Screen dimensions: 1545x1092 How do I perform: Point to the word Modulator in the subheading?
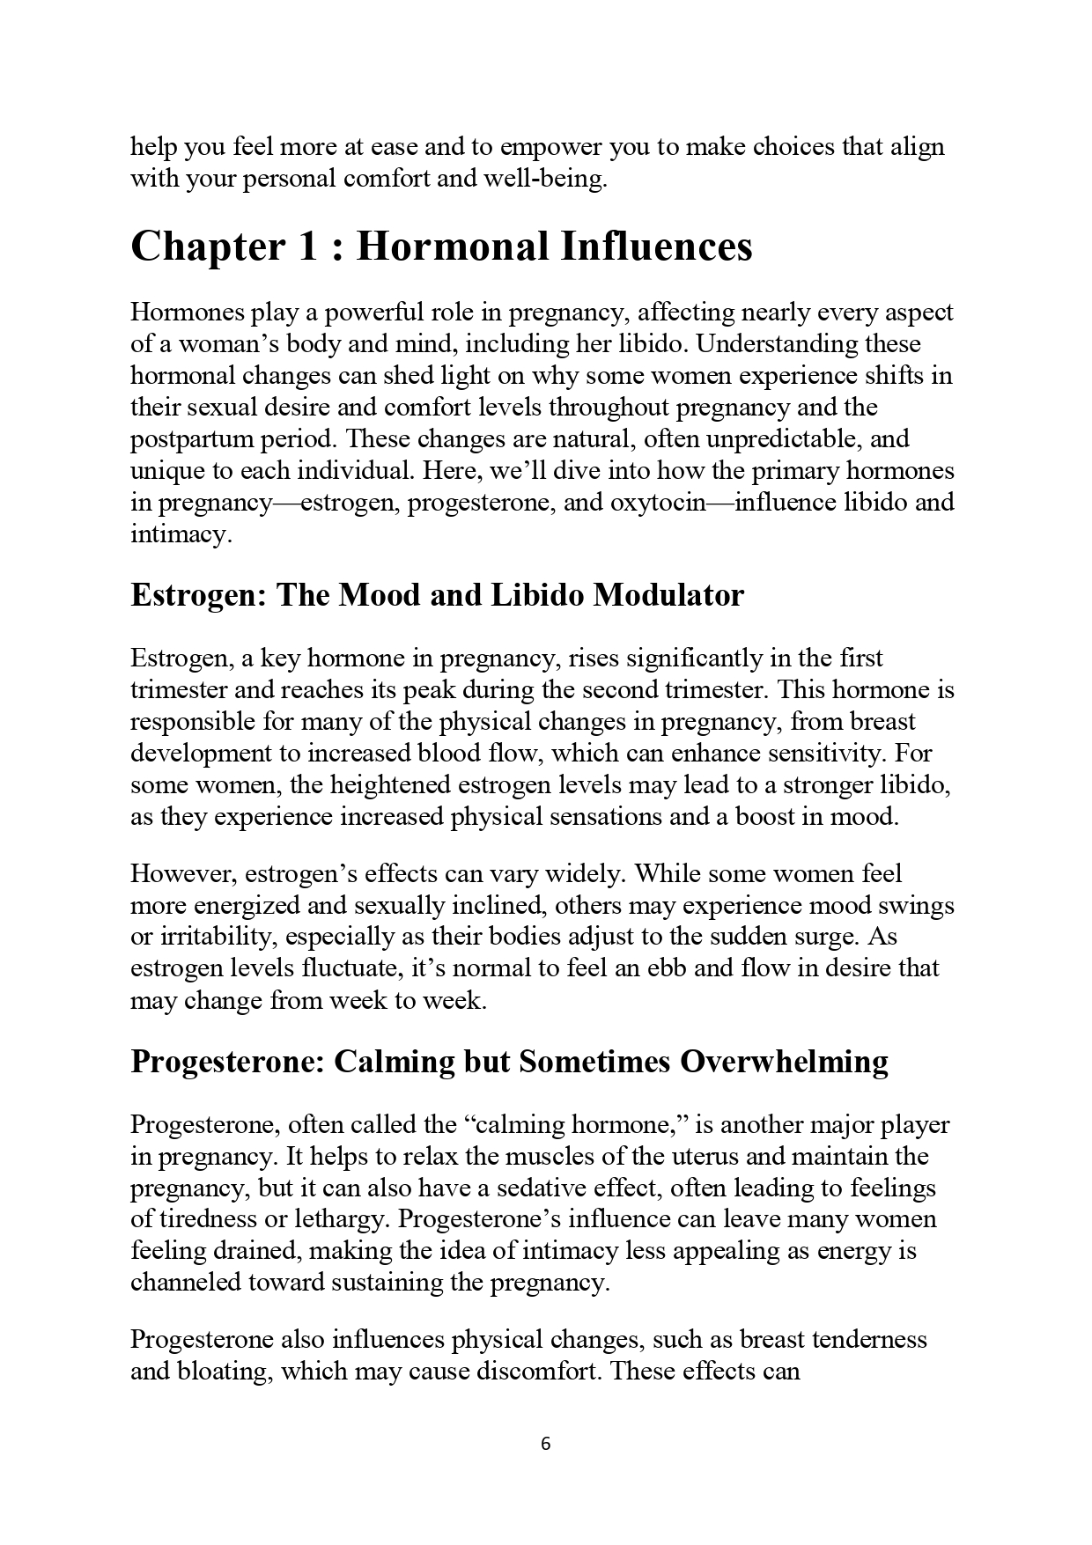pyautogui.click(x=668, y=595)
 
